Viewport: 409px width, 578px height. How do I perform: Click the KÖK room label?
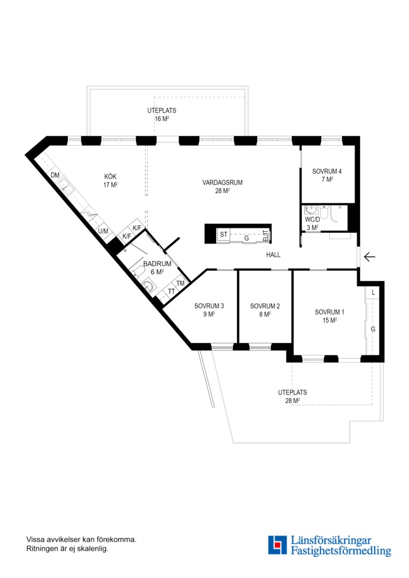[110, 177]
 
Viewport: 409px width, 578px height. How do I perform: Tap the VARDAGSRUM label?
[222, 182]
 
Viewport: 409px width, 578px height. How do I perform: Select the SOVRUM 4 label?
[327, 171]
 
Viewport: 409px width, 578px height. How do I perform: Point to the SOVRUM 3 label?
[209, 306]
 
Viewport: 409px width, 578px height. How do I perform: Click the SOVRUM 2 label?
[265, 306]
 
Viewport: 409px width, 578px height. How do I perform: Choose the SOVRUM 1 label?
[329, 312]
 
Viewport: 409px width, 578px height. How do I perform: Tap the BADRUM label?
[157, 264]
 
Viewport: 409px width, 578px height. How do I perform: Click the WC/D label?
[313, 220]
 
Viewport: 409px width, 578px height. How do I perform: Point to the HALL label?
[273, 255]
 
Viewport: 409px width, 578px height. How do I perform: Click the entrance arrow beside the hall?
[369, 256]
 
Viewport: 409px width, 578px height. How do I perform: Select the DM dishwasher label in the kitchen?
[55, 176]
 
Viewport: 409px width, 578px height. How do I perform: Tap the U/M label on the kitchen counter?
[103, 232]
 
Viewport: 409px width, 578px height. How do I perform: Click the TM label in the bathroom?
[180, 284]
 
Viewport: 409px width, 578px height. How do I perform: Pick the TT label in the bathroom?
[171, 292]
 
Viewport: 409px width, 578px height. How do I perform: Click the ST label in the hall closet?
[224, 234]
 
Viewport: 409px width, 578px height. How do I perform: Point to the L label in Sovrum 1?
[373, 293]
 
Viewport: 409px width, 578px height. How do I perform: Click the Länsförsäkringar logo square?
[277, 545]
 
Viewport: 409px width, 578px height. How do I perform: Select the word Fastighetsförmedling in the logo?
[341, 551]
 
